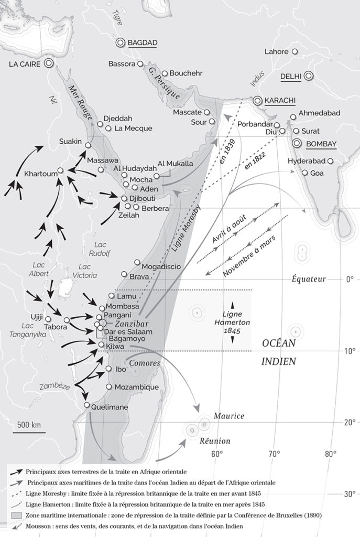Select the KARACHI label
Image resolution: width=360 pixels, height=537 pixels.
(x=280, y=100)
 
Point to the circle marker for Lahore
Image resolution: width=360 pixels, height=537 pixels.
(x=295, y=51)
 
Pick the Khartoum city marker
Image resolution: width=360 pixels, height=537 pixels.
(x=61, y=170)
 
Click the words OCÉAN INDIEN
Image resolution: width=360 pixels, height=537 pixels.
(x=279, y=352)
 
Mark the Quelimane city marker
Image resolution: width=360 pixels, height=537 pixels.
(x=87, y=405)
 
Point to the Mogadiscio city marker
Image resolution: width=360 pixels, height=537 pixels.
(x=137, y=262)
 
